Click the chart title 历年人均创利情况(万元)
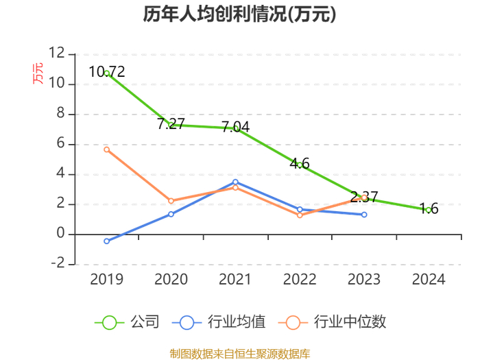click(240, 14)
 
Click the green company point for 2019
click(106, 73)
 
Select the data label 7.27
click(171, 123)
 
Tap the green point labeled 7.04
click(235, 128)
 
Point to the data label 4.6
click(300, 163)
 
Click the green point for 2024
click(429, 210)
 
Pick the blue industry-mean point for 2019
click(106, 241)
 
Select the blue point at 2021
click(235, 182)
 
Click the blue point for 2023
click(364, 215)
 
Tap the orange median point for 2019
click(106, 149)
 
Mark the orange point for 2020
click(171, 201)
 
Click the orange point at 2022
click(300, 215)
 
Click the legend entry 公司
click(127, 322)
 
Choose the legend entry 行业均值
click(219, 322)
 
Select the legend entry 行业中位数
click(332, 322)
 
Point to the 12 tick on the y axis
click(57, 53)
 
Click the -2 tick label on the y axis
click(58, 263)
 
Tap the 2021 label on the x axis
click(235, 279)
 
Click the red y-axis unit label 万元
click(38, 73)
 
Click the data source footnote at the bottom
click(240, 354)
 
